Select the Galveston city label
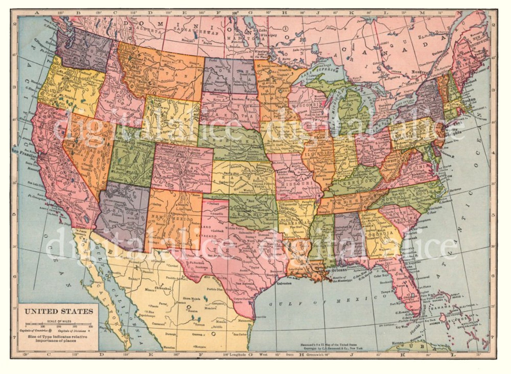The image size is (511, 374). pyautogui.click(x=283, y=283)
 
